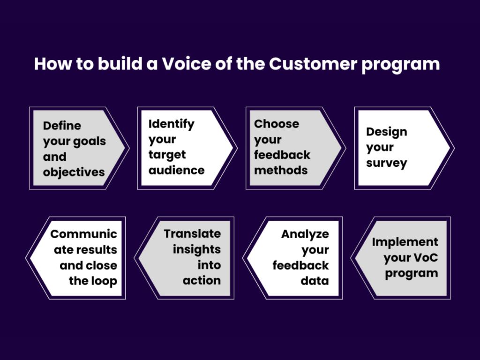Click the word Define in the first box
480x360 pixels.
pyautogui.click(x=62, y=126)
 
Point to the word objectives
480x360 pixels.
pyautogui.click(x=74, y=172)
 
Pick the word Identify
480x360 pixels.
pyautogui.click(x=171, y=124)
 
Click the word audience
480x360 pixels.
pyautogui.click(x=176, y=170)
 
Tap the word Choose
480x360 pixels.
pyautogui.click(x=277, y=124)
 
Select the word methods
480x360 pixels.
pyautogui.click(x=281, y=170)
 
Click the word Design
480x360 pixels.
pyautogui.click(x=386, y=132)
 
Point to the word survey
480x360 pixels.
pyautogui.click(x=387, y=163)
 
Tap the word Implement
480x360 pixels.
pyautogui.click(x=405, y=242)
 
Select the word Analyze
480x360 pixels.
pyautogui.click(x=305, y=234)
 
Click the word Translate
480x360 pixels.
pyautogui.click(x=192, y=233)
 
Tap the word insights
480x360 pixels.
pyautogui.click(x=196, y=249)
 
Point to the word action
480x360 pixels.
pyautogui.click(x=202, y=280)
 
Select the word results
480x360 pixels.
pyautogui.click(x=98, y=249)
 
